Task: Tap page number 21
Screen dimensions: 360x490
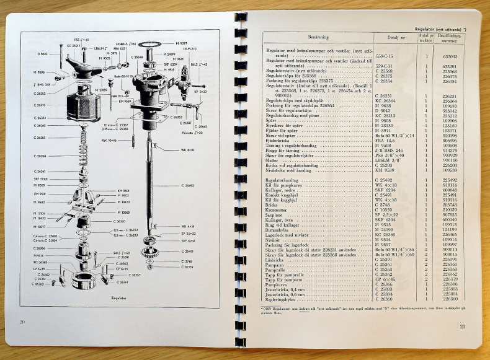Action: [x=462, y=327]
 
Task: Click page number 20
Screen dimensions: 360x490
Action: [x=22, y=322]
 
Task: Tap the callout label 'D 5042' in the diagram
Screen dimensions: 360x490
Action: [x=42, y=54]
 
